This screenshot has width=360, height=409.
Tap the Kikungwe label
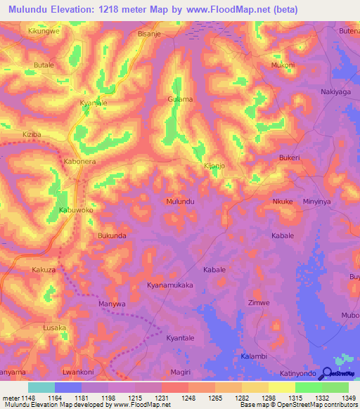pos(44,32)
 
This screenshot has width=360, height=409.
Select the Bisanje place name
pos(150,32)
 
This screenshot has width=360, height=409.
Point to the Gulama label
pos(180,99)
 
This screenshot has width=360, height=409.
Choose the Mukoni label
pos(283,65)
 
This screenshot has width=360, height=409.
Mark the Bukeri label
pos(290,157)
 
